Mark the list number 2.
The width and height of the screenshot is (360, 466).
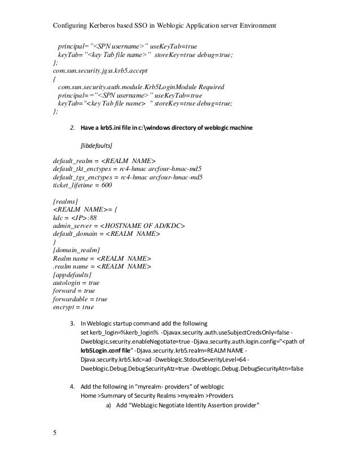pyautogui.click(x=72, y=128)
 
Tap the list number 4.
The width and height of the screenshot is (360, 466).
pyautogui.click(x=72, y=385)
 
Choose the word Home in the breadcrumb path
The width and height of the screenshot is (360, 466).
pyautogui.click(x=90, y=395)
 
